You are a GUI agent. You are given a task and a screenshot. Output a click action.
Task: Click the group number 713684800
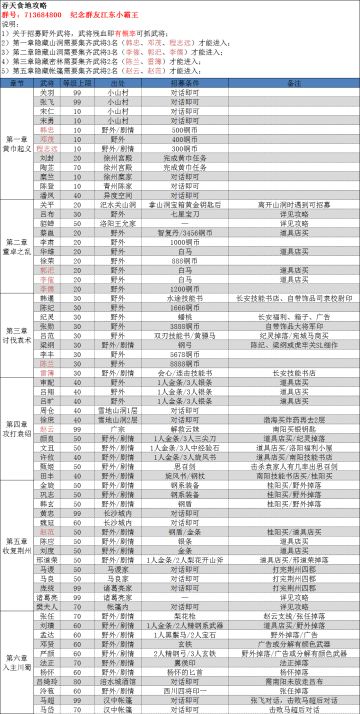click(x=43, y=17)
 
